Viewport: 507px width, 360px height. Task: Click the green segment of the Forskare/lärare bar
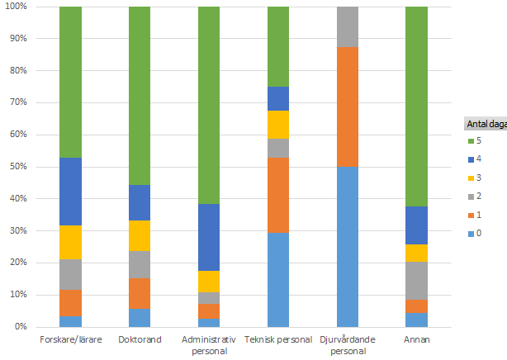click(x=70, y=83)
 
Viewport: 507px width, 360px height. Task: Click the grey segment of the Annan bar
click(x=416, y=281)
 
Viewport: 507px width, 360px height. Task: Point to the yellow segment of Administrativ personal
click(x=208, y=281)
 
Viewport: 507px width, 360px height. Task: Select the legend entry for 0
click(x=479, y=234)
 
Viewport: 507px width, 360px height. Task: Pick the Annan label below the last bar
click(x=416, y=339)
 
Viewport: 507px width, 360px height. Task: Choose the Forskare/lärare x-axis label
click(x=70, y=339)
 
